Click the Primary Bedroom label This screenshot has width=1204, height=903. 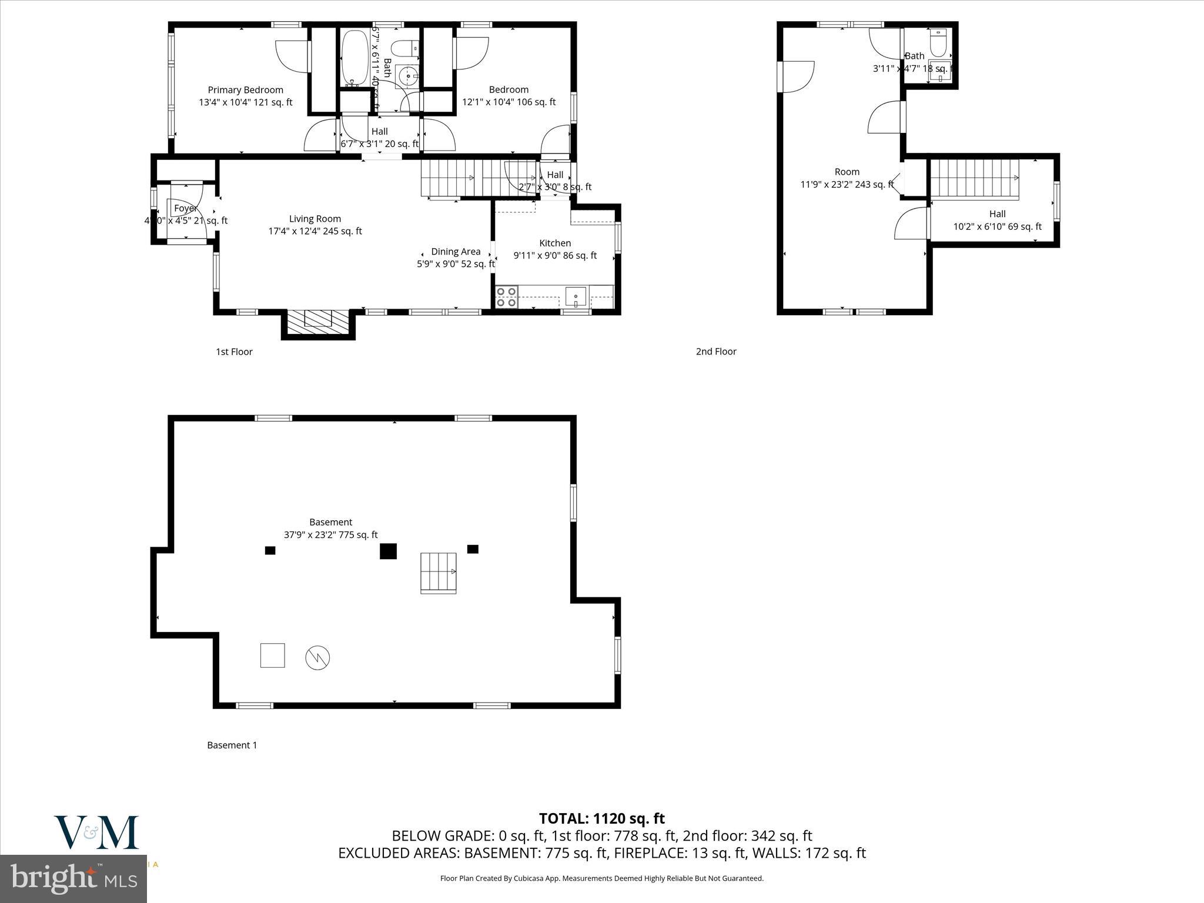[245, 90]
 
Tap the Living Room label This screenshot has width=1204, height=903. [315, 219]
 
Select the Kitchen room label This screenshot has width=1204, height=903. [555, 243]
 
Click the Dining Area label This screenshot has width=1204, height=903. [456, 252]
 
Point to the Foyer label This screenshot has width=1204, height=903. [185, 209]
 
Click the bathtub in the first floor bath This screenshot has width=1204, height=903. [353, 58]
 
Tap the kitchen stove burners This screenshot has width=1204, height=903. [506, 297]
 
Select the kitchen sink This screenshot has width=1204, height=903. [576, 296]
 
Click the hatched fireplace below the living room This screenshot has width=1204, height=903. [318, 323]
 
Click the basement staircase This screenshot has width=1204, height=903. [439, 573]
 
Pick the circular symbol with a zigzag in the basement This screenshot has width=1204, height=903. [317, 657]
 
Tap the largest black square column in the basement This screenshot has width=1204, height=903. [388, 551]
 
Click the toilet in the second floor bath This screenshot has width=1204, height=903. [938, 42]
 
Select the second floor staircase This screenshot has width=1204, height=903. [974, 179]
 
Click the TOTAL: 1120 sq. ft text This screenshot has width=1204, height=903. [601, 818]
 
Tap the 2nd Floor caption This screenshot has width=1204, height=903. [716, 352]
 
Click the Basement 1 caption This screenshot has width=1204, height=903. [232, 745]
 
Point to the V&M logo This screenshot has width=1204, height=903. [96, 832]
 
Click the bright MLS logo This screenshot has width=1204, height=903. [73, 878]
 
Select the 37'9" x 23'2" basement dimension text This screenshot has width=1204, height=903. [330, 535]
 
